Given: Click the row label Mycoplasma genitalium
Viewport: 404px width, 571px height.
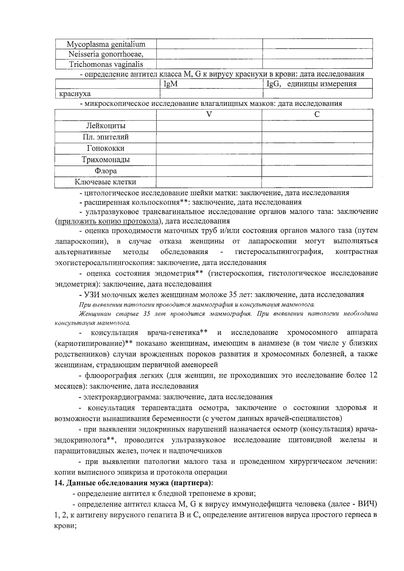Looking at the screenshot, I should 106,44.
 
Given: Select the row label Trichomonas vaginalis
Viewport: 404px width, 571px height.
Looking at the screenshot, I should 106,64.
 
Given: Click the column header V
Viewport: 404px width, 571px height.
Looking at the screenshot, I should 209,114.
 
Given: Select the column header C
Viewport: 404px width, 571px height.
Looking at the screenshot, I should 317,114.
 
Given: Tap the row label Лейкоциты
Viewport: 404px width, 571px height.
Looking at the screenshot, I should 106,126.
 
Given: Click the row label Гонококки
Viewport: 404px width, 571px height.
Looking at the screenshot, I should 106,148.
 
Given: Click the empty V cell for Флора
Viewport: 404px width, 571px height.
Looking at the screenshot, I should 209,171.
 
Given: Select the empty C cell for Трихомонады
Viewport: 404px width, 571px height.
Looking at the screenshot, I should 317,160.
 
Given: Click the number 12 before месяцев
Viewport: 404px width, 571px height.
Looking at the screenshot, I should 373,375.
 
